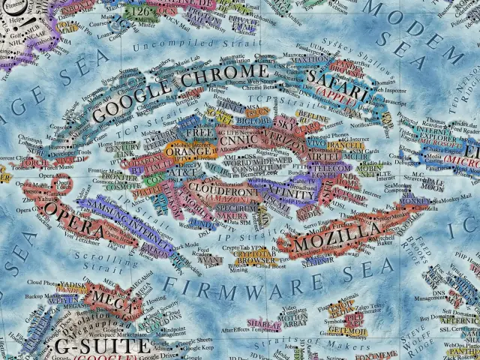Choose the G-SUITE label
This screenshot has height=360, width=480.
coord(102,347)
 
